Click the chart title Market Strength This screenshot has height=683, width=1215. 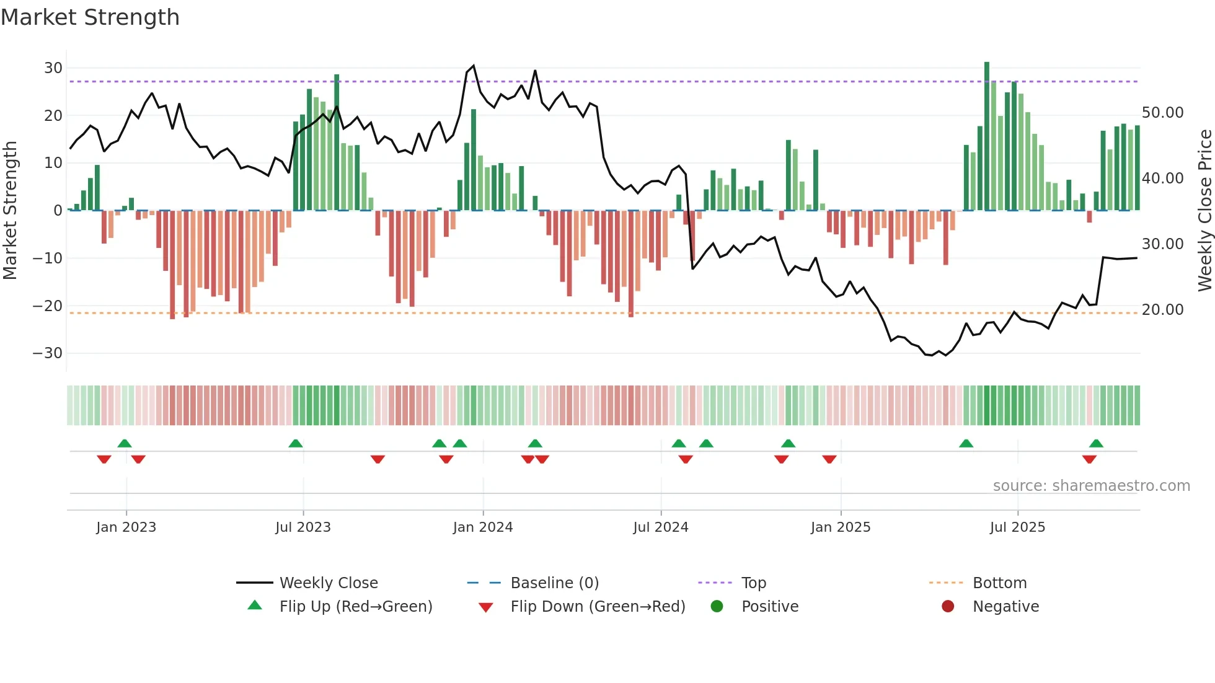click(90, 17)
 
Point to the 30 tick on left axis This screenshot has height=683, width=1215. click(53, 68)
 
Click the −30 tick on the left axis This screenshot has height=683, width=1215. click(48, 353)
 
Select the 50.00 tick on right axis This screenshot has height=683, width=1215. click(1162, 113)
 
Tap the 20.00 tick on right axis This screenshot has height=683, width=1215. click(1162, 310)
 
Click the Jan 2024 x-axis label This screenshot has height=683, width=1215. click(483, 527)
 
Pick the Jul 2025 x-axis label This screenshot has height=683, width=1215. click(1017, 527)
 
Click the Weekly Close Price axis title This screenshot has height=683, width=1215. click(1204, 211)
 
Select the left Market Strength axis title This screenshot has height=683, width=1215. click(10, 211)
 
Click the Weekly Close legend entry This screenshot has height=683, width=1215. click(328, 583)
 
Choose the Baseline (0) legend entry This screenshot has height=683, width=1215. click(554, 583)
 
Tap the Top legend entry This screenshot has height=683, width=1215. click(753, 583)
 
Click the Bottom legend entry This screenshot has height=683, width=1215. click(999, 583)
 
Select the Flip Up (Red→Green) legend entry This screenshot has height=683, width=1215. click(355, 607)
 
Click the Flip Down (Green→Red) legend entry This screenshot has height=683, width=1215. click(598, 607)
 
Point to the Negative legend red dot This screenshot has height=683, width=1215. click(948, 607)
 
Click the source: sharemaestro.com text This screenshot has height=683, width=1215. click(1091, 486)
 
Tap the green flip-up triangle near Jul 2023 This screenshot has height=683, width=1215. click(296, 444)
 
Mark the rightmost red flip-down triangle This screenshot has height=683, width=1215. click(1089, 459)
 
